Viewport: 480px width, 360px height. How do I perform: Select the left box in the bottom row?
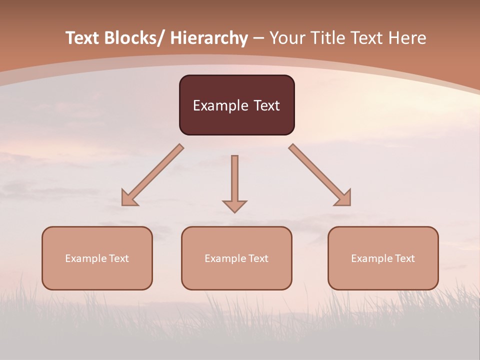[x=97, y=275]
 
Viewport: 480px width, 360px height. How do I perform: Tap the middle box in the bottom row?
[x=236, y=275]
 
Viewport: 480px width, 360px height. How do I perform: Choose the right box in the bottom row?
[x=383, y=275]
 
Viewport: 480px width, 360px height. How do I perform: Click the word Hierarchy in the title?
[x=209, y=38]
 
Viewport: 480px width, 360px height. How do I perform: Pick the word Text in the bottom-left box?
[x=119, y=258]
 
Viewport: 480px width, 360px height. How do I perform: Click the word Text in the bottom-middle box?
[x=258, y=258]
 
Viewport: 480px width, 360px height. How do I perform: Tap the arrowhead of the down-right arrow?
[x=344, y=199]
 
